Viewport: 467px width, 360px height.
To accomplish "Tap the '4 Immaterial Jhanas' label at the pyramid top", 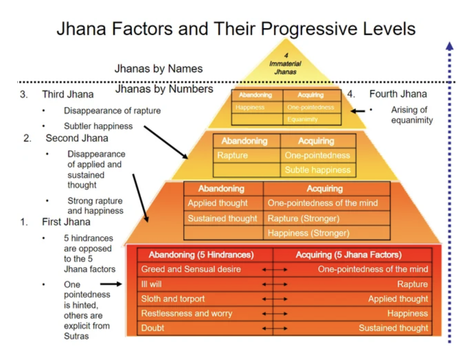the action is point(285,64).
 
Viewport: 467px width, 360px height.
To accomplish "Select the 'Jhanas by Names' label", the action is point(159,69).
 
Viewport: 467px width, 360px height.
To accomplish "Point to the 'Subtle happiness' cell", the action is point(318,170).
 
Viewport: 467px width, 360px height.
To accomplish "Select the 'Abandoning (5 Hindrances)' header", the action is point(201,255).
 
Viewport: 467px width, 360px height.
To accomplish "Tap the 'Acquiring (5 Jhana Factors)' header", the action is point(349,255).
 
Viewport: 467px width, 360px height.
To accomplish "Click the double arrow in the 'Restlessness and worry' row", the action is point(275,314).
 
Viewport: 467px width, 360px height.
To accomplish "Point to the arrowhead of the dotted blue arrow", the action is point(449,46).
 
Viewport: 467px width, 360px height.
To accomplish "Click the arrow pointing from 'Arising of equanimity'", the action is point(357,111).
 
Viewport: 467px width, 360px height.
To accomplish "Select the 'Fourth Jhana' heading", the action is point(398,94).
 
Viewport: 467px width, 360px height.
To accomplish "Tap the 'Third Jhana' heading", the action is point(68,94).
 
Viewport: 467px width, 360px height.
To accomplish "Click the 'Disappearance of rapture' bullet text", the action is point(112,111).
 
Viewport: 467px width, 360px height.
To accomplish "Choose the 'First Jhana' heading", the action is point(66,222).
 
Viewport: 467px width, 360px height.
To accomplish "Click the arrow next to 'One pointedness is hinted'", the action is point(111,284).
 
